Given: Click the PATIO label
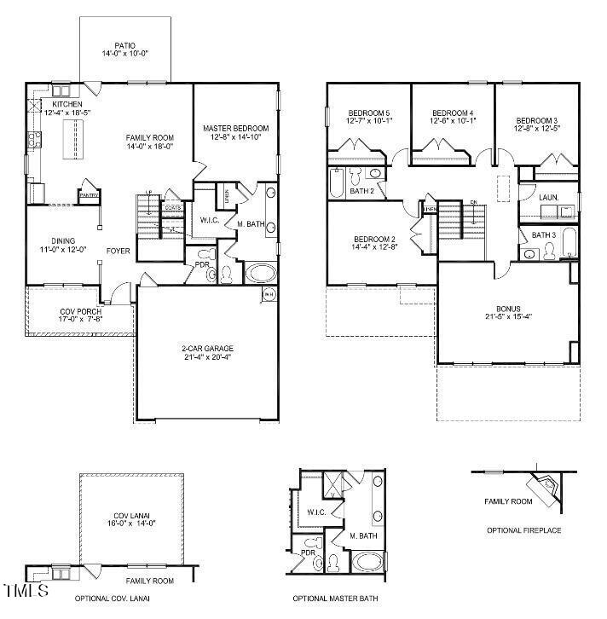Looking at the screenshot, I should click(125, 46).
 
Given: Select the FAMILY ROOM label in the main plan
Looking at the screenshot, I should click(150, 138).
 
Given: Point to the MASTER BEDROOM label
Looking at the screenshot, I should click(235, 129).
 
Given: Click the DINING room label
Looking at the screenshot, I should click(62, 241).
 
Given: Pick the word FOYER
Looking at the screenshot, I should click(118, 251).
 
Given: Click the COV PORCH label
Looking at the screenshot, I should click(81, 312).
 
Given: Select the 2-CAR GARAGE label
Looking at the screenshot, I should click(207, 349).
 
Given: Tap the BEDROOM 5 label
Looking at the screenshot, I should click(368, 113).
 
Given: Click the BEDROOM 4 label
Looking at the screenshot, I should click(452, 113).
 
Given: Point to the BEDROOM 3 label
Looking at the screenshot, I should click(536, 120).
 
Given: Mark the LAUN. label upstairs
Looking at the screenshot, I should click(549, 197).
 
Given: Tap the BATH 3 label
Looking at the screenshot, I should click(543, 235).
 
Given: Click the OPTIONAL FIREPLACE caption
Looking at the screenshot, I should click(524, 530).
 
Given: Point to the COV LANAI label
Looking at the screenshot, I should click(132, 516).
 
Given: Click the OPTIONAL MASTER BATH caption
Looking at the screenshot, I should click(335, 599).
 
